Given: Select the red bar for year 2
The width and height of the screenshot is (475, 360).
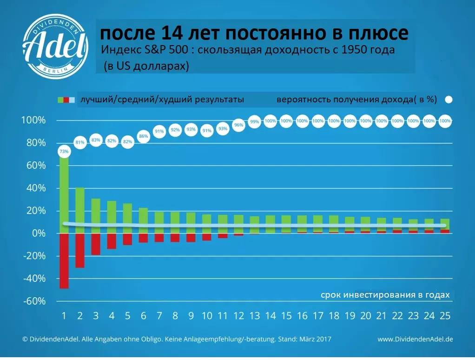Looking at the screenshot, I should pyautogui.click(x=80, y=251).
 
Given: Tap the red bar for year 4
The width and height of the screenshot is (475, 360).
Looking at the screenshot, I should pyautogui.click(x=112, y=241).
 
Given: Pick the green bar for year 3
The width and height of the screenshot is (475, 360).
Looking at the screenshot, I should pyautogui.click(x=96, y=216).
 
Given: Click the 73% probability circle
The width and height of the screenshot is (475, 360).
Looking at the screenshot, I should pyautogui.click(x=64, y=152).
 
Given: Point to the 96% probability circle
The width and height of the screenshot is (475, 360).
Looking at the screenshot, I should pyautogui.click(x=238, y=125).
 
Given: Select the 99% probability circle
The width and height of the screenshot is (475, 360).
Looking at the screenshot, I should pyautogui.click(x=254, y=121).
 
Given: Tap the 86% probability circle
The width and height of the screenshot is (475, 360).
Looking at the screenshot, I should pyautogui.click(x=143, y=136).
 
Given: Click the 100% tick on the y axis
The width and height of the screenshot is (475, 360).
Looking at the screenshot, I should pyautogui.click(x=34, y=120).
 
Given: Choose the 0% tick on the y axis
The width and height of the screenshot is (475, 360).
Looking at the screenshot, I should pyautogui.click(x=38, y=233).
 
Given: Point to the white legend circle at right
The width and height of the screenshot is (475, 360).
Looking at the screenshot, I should pyautogui.click(x=449, y=100).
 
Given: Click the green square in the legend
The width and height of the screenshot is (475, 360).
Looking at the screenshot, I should pyautogui.click(x=60, y=100).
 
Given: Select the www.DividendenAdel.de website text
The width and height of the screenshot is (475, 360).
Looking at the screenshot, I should pyautogui.click(x=415, y=340).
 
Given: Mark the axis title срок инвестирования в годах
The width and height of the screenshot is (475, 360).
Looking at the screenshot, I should pyautogui.click(x=385, y=295).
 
